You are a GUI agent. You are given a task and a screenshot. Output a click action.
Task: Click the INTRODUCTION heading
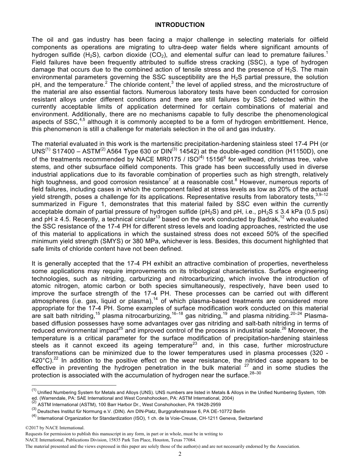[180, 25]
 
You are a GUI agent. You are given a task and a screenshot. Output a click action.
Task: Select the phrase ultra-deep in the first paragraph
[193, 47]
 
